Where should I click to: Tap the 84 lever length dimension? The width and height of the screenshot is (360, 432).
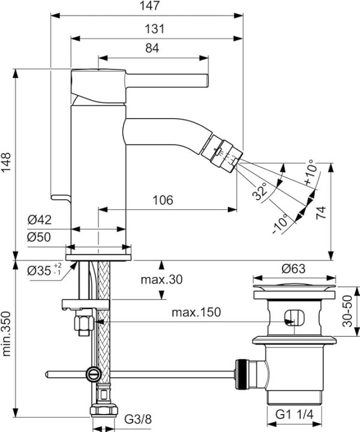click(x=152, y=49)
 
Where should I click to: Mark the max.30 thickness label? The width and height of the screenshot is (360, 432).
click(x=161, y=280)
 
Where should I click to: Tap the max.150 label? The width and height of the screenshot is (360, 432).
click(x=196, y=312)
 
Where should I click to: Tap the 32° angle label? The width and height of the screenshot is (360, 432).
click(x=260, y=192)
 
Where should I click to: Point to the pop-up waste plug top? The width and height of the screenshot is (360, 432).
click(x=294, y=290)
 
